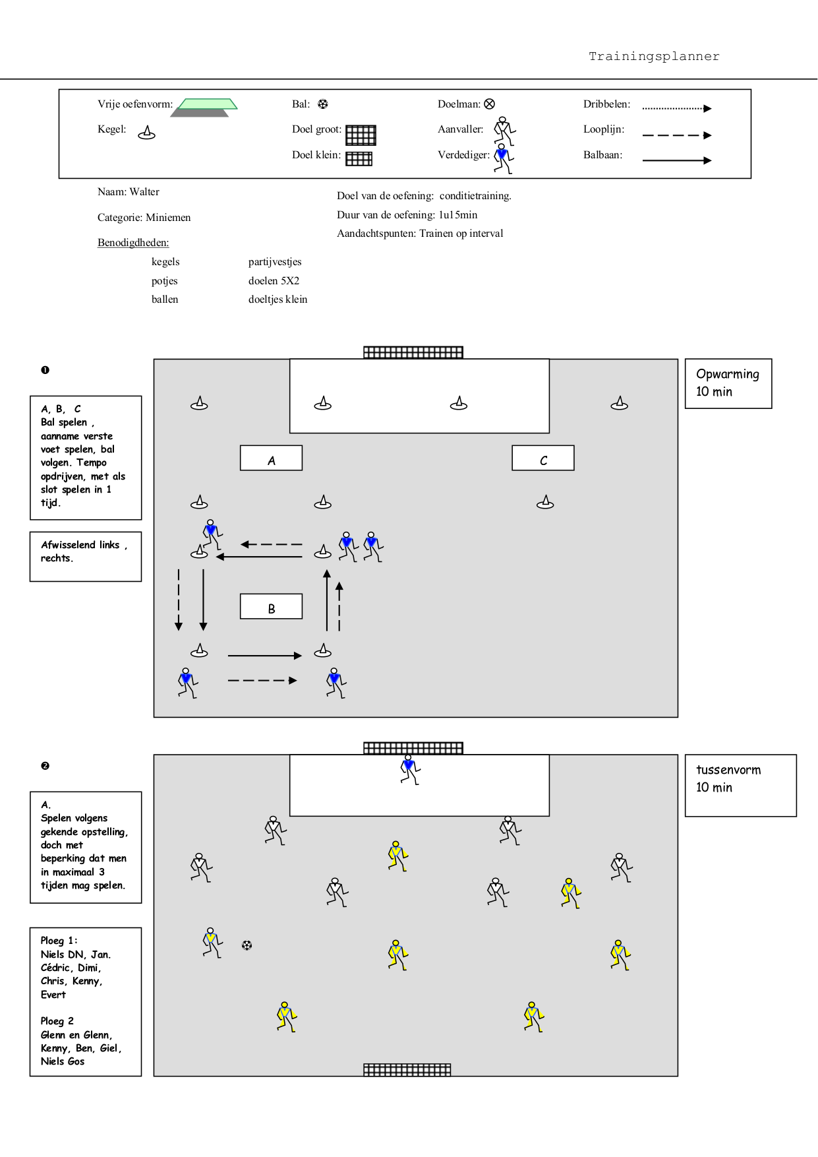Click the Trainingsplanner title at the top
click(x=654, y=56)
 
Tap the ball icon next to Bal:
click(x=322, y=104)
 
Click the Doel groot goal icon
click(x=361, y=135)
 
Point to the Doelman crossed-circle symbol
click(x=489, y=104)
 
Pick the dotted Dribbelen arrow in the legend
click(x=677, y=108)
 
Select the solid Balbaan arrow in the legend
click(x=677, y=160)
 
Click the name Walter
click(x=144, y=192)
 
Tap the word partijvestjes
click(x=275, y=262)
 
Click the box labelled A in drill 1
click(x=271, y=458)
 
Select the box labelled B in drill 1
click(x=271, y=606)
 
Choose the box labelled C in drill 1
click(x=543, y=458)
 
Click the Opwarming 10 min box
click(x=728, y=383)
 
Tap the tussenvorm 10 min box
click(x=741, y=786)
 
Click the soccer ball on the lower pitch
click(x=247, y=945)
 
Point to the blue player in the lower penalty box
click(x=410, y=770)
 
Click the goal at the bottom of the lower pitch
click(x=407, y=1069)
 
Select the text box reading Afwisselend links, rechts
click(x=86, y=557)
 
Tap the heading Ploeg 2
click(x=57, y=1021)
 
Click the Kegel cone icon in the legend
click(x=146, y=133)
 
